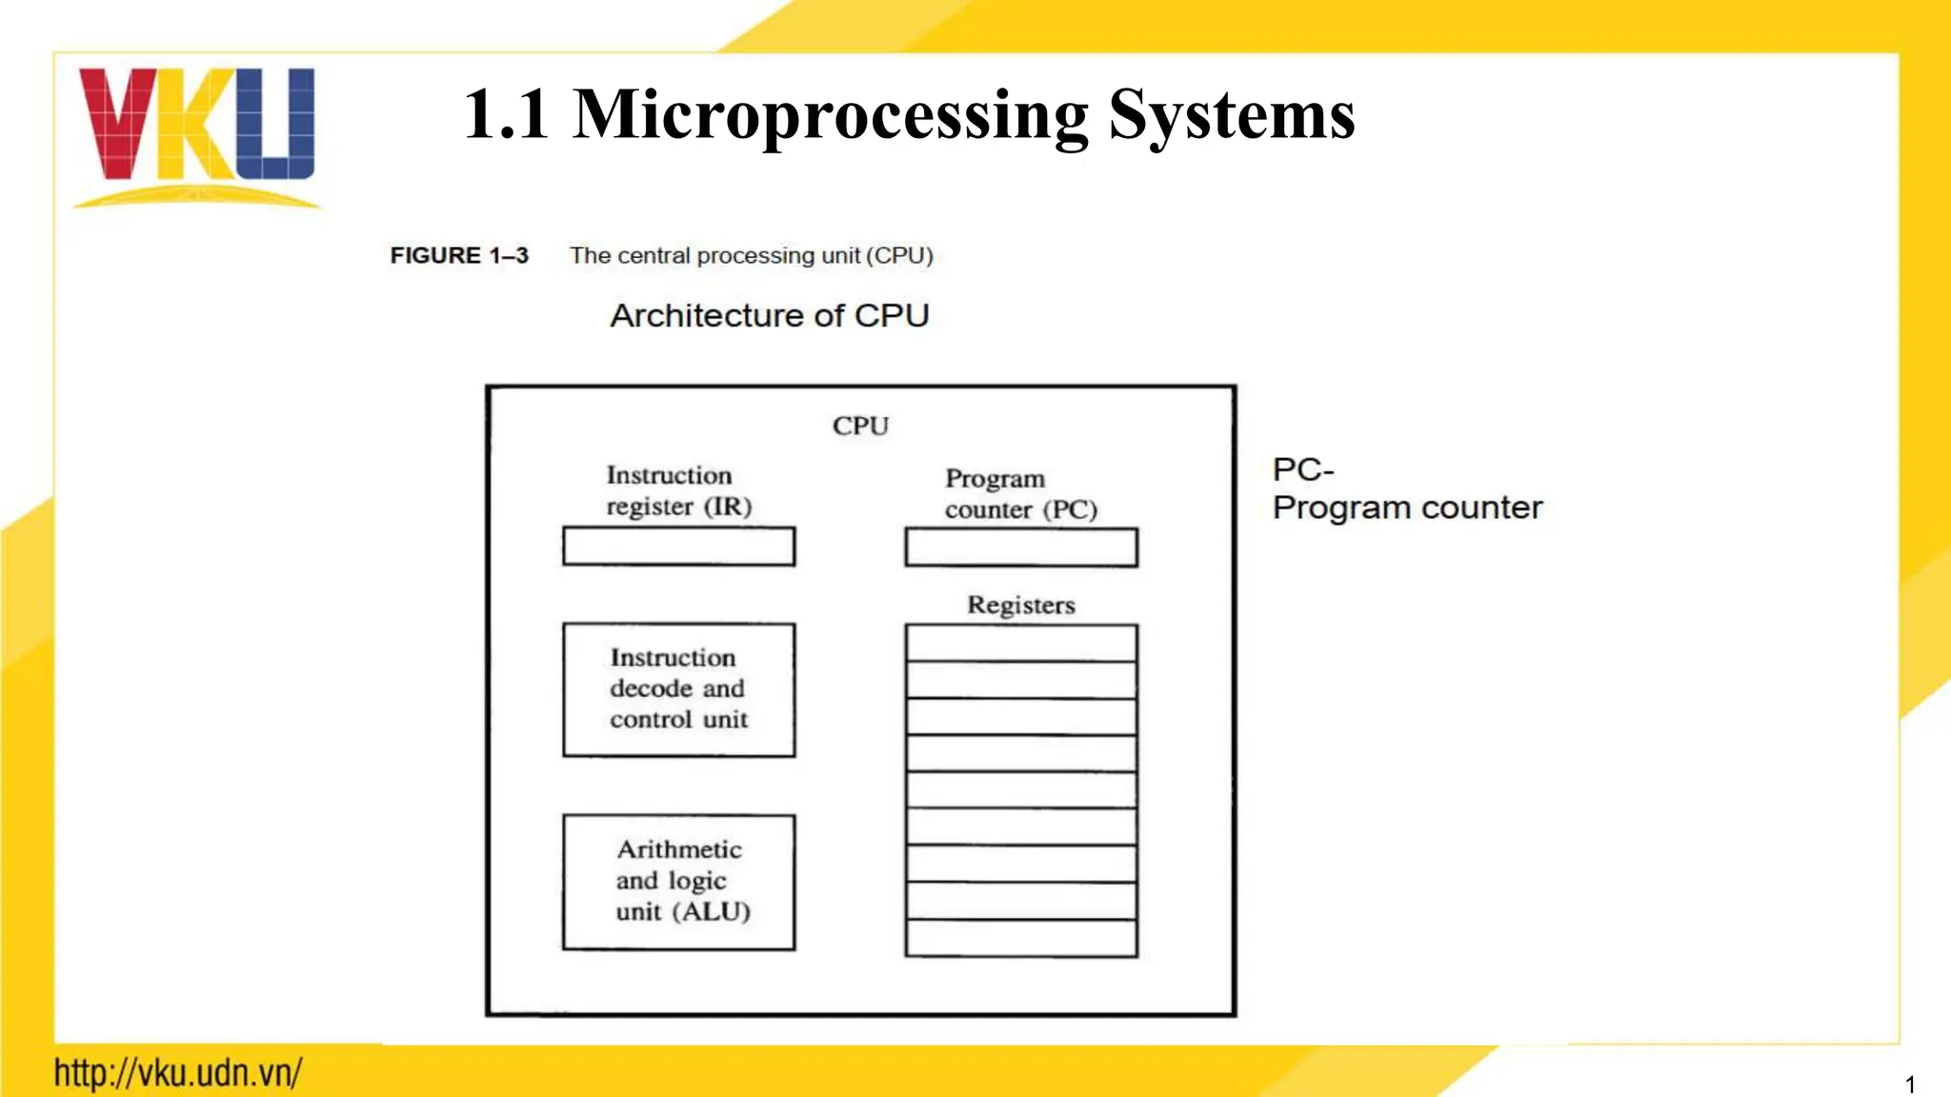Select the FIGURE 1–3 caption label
coord(459,255)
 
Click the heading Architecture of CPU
coord(770,315)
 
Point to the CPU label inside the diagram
coord(860,426)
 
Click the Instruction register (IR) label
coord(678,490)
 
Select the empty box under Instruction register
coord(678,547)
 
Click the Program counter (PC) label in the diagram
coord(1020,493)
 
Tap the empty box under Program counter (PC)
coord(1020,548)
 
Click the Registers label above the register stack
coord(1020,605)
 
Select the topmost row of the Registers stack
coord(1020,643)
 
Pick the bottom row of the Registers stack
coord(1020,938)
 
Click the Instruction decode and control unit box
coord(678,689)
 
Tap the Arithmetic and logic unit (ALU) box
coord(678,882)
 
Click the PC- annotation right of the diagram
coord(1302,469)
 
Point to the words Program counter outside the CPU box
coord(1407,508)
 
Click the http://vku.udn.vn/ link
coord(178,1073)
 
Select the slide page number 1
coord(1909,1084)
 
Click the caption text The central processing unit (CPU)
coord(751,255)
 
